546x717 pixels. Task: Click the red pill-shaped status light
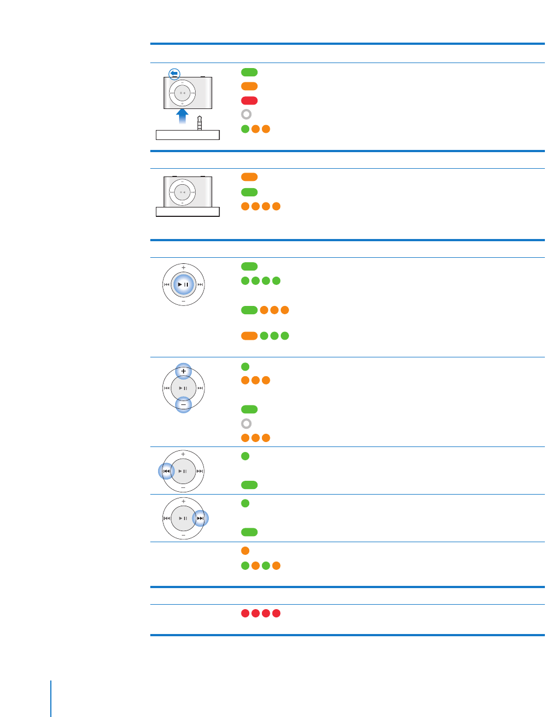(x=249, y=101)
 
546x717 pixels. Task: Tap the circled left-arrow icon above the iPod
(x=174, y=74)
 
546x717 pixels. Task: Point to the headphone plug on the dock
(x=200, y=123)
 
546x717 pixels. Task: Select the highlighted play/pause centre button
(x=183, y=284)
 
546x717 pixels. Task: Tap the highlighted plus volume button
(x=183, y=371)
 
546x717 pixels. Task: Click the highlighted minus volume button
(x=183, y=405)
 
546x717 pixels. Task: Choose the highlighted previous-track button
(x=166, y=471)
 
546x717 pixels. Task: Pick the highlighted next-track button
(x=201, y=518)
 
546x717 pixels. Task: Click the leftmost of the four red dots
(x=245, y=613)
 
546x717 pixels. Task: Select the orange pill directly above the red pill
(x=249, y=86)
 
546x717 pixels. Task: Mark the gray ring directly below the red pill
(x=246, y=115)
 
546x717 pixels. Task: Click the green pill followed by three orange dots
(x=249, y=310)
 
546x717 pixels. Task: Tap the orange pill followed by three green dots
(x=249, y=336)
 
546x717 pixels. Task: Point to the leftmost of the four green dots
(x=245, y=280)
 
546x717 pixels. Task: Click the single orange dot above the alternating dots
(x=245, y=551)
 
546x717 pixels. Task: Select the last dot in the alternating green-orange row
(x=276, y=565)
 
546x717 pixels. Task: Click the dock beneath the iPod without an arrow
(x=188, y=212)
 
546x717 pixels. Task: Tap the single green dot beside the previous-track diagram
(x=245, y=456)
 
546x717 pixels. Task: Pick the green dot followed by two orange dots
(x=245, y=129)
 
